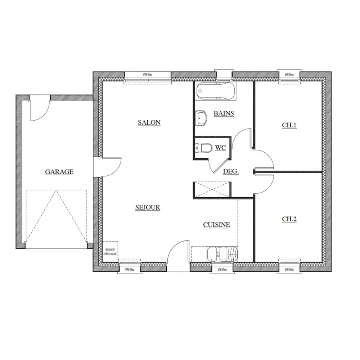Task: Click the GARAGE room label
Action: (x=59, y=172)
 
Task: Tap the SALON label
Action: (x=149, y=122)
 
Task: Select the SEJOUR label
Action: (x=148, y=207)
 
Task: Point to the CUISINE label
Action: (x=216, y=225)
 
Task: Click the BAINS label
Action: (x=224, y=113)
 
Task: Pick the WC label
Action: (x=220, y=148)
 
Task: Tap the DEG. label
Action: (x=231, y=171)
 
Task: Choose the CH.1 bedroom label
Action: (x=289, y=125)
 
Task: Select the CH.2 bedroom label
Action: (x=289, y=219)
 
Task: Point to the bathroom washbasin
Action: (x=201, y=118)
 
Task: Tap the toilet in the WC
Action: (x=203, y=148)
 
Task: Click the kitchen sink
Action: (x=222, y=253)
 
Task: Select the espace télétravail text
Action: (x=110, y=251)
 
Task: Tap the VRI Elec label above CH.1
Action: (x=289, y=75)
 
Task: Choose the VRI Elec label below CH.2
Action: (x=289, y=270)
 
